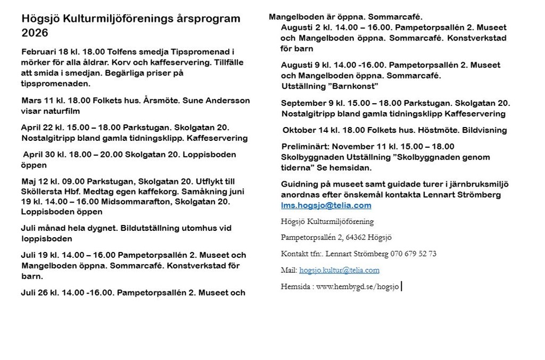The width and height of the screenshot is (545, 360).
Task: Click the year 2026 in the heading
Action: pos(35,33)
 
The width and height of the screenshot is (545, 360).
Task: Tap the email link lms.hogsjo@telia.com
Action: pos(326,205)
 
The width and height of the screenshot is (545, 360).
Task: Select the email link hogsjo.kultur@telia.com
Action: pos(339,270)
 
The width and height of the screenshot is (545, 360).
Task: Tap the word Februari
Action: pos(39,52)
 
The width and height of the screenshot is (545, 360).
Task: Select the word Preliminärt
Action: pos(305,146)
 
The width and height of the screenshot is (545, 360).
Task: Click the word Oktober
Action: pos(300,130)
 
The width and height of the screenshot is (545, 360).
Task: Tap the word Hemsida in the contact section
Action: pos(295,287)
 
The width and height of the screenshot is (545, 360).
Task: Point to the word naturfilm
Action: pos(61,111)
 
